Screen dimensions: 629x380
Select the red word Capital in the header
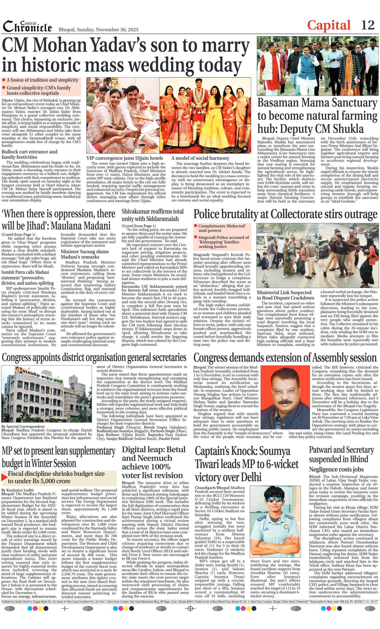pos(328,25)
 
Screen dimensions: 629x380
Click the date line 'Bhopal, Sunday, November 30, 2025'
pos(98,29)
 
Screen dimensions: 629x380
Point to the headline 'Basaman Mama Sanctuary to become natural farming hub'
pos(317,116)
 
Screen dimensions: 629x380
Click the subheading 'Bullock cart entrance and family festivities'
pos(29,154)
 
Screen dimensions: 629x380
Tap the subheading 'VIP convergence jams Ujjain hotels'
pos(125,158)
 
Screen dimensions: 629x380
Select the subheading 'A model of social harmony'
pos(200,158)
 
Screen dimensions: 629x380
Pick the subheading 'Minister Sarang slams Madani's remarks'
pos(85,254)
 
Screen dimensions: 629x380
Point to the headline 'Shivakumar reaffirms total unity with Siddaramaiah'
pos(152,215)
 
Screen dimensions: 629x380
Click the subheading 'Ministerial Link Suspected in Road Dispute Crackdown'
pos(285,295)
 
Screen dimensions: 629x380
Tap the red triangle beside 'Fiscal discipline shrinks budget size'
pos(4,477)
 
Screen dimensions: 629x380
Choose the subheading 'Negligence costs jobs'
pos(336,469)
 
